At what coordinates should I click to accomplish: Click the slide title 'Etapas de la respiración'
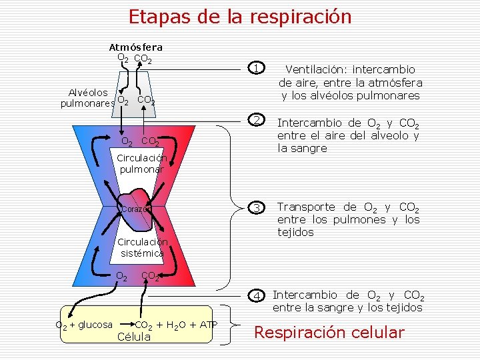240,16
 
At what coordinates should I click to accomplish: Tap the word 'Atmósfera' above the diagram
135,47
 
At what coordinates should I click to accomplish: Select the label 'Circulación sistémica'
141,247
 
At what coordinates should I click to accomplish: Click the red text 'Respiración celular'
330,333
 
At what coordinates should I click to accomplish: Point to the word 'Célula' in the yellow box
134,337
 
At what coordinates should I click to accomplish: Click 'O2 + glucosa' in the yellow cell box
83,325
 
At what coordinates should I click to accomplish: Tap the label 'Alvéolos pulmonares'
87,98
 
